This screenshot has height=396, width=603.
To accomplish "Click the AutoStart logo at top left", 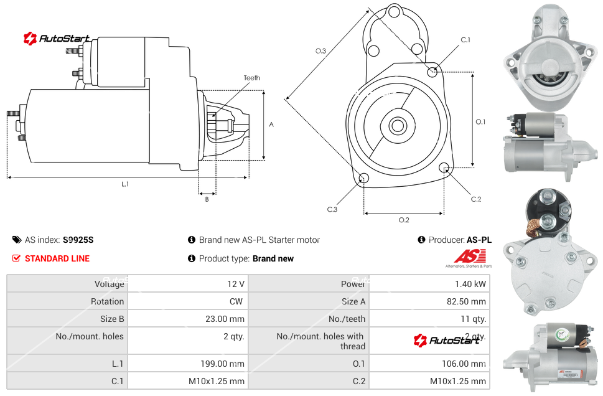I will pos(57,39).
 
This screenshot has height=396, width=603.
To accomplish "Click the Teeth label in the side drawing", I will pos(251,78).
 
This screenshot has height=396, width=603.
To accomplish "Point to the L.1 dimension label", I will pos(125,184).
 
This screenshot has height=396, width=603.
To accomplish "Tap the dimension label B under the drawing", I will pos(207,199).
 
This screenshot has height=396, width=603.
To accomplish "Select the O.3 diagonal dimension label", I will pos(320,51).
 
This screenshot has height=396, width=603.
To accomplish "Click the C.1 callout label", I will pos(465,40).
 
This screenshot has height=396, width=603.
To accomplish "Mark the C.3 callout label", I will pos(332,209).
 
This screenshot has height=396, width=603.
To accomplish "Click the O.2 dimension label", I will pos(403,220).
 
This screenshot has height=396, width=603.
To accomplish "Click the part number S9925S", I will pos(78,240).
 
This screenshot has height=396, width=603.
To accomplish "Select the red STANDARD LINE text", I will pos(57,258).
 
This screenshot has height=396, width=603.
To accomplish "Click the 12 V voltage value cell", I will pos(235,284).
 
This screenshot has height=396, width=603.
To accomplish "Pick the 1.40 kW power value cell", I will pos(470,284).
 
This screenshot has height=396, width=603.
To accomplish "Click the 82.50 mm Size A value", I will pos(466,301).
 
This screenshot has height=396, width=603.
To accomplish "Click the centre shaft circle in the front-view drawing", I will pos(396,126).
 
